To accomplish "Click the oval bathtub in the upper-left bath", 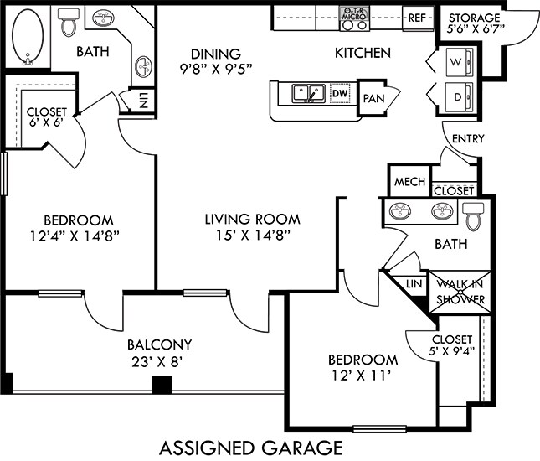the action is (x=28, y=36).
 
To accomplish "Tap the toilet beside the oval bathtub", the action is (x=68, y=23).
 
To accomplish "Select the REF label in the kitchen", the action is (x=417, y=18).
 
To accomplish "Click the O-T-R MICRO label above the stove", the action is (x=353, y=13).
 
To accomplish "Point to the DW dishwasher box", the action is (x=340, y=93).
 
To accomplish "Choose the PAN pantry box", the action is (x=373, y=98).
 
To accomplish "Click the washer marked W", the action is (x=459, y=62).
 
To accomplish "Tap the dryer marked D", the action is (x=459, y=97).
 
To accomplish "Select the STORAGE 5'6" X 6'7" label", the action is (x=475, y=23).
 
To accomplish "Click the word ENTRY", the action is (x=468, y=138).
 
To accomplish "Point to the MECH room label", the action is (x=410, y=181).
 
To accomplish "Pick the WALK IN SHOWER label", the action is (x=460, y=292).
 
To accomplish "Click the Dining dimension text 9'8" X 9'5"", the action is (x=216, y=70).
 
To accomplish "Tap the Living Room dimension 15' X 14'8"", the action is (x=253, y=236).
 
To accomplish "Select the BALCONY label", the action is (x=159, y=344).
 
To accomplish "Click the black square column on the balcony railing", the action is (x=162, y=385).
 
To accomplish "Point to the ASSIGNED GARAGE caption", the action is (x=251, y=448).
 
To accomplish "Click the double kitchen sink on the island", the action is (x=309, y=93).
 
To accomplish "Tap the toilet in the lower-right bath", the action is (x=473, y=216).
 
